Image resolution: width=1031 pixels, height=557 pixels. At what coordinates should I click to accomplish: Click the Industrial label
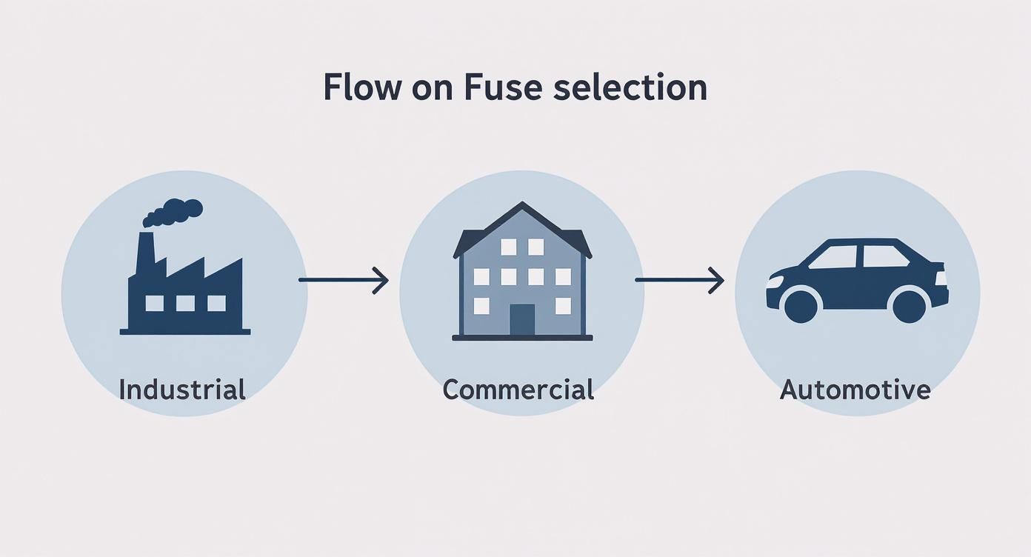[x=181, y=389]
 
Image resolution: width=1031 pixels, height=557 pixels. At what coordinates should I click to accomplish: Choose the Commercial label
[x=518, y=389]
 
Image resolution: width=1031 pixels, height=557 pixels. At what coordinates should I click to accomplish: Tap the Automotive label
[x=855, y=389]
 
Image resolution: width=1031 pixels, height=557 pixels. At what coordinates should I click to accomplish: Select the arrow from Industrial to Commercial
[x=343, y=280]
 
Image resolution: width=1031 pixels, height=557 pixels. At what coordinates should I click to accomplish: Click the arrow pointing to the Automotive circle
[x=678, y=280]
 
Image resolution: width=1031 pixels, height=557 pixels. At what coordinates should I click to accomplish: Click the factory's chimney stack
[x=144, y=256]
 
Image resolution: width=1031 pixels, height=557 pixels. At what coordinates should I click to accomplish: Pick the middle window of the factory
[x=185, y=303]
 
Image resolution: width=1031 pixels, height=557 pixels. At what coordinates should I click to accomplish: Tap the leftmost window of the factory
[x=154, y=303]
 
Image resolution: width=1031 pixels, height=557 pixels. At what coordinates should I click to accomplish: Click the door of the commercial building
[x=522, y=319]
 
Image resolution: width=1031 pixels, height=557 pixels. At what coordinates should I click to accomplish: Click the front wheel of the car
[x=799, y=304]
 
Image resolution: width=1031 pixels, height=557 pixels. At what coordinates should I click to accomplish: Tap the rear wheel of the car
[x=909, y=304]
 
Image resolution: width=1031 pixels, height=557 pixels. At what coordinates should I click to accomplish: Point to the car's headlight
[x=775, y=281]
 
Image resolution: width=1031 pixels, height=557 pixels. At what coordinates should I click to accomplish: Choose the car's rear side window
[x=884, y=256]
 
